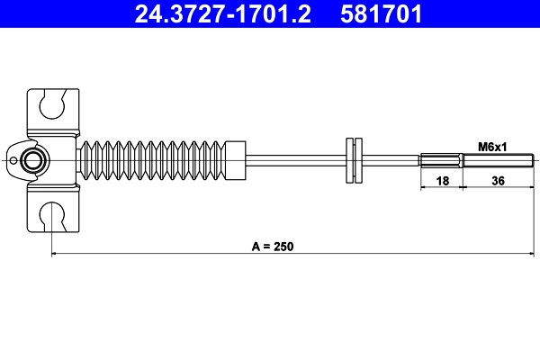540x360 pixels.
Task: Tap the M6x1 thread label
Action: pos(492,147)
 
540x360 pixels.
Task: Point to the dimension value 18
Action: pos(442,180)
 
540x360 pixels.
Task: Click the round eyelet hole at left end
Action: pos(33,161)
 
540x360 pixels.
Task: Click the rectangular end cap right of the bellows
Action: pos(235,160)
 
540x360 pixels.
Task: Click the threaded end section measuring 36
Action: pos(494,161)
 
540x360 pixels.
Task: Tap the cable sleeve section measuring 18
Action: pos(442,161)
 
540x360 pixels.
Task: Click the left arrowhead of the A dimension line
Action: pos(57,255)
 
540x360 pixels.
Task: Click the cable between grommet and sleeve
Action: pos(391,161)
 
